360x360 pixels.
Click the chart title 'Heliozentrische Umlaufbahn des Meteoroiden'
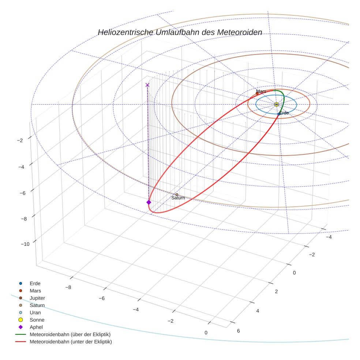pos(180,33)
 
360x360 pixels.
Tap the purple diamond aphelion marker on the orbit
pos(149,202)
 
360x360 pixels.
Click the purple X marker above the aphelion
pos(147,85)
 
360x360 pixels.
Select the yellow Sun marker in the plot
pos(276,104)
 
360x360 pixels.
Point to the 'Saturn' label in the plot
pos(178,198)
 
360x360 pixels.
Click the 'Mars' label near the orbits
pos(261,91)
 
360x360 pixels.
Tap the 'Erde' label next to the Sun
pos(284,113)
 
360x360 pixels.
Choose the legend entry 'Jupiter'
pos(37,298)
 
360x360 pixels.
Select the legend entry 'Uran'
pos(35,313)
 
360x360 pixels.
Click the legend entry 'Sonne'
pos(37,320)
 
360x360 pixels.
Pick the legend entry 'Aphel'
pos(36,327)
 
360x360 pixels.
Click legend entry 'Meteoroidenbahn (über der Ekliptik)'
pos(70,335)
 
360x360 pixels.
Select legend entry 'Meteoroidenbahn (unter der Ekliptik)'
pos(71,342)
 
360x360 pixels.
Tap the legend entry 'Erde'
pos(35,284)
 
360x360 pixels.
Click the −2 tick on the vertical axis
pos(20,140)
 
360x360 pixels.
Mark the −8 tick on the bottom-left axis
pos(68,288)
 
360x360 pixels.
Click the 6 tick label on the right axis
pos(239,331)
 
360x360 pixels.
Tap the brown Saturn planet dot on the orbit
pos(177,195)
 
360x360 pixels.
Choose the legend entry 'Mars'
pos(35,291)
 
